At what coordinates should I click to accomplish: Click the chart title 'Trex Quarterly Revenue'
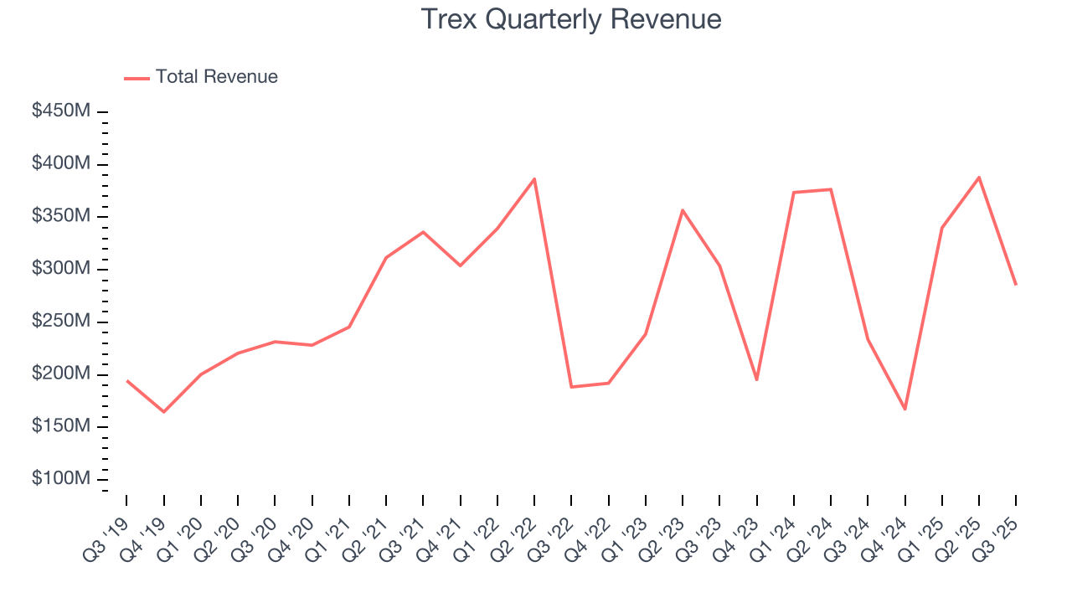(571, 19)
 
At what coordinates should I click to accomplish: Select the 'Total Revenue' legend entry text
(216, 77)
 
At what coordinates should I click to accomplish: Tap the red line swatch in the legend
(137, 78)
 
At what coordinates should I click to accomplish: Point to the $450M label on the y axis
(62, 111)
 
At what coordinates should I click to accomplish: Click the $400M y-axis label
(62, 164)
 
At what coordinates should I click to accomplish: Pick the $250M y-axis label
(62, 322)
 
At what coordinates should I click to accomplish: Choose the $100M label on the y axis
(62, 479)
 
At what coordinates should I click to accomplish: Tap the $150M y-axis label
(62, 426)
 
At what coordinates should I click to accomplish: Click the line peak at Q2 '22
(534, 178)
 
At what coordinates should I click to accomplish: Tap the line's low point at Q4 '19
(164, 412)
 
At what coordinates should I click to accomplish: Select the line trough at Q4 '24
(905, 410)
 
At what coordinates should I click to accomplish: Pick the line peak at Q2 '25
(979, 177)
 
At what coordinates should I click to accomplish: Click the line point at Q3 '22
(571, 387)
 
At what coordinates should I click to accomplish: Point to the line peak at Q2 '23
(683, 210)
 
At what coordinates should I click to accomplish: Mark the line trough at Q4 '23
(757, 380)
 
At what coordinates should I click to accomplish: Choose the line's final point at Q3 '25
(1016, 285)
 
